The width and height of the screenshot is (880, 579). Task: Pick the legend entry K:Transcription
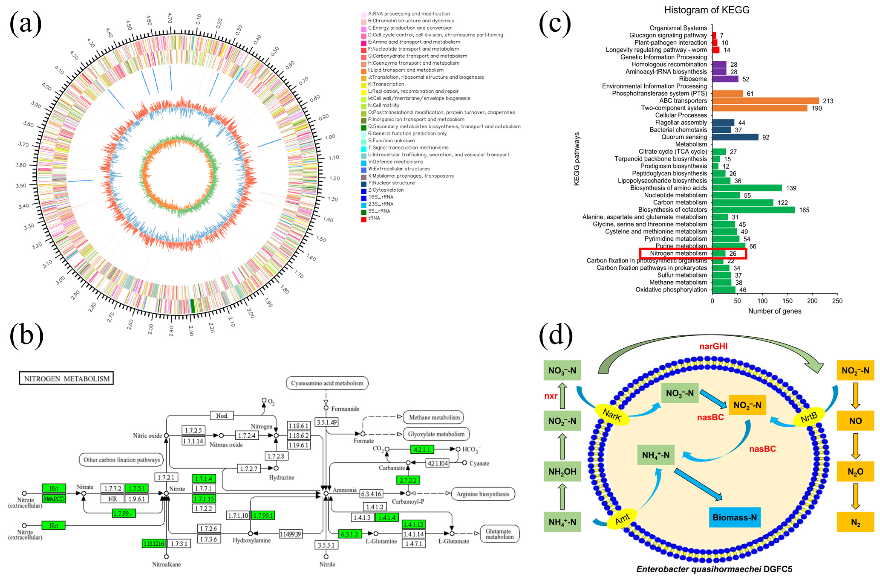(386, 84)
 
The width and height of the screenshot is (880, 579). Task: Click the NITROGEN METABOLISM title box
(66, 378)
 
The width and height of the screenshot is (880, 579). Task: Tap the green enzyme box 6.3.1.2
(350, 534)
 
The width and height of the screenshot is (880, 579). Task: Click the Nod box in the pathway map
(222, 415)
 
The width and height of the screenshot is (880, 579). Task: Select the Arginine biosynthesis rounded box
(482, 494)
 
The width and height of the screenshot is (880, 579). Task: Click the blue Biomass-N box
(734, 517)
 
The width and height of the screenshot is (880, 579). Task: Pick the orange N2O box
(855, 472)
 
